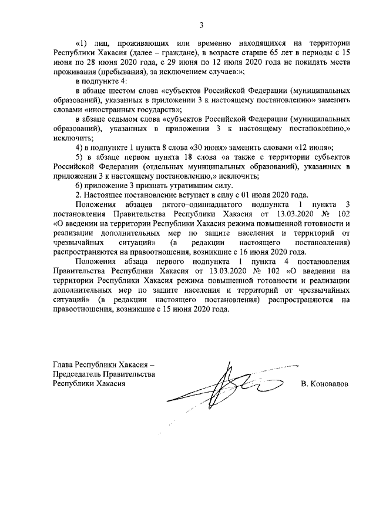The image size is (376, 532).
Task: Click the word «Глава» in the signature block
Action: click(x=65, y=364)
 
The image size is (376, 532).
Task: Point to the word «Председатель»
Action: click(x=76, y=374)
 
